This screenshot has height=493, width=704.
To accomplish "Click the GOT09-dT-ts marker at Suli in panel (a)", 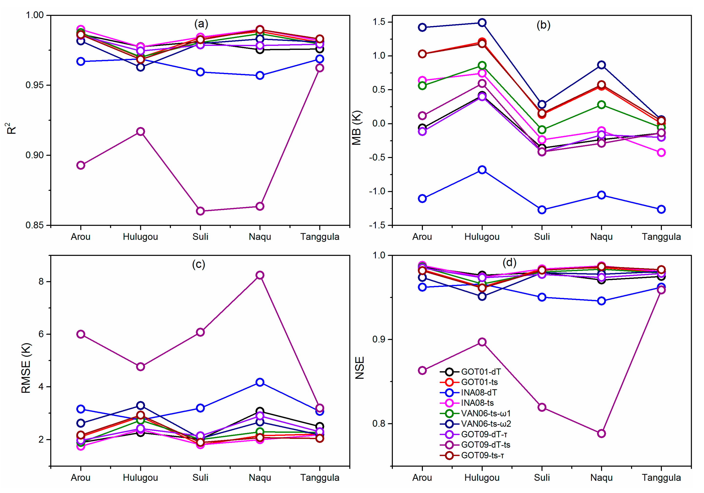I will point(200,211).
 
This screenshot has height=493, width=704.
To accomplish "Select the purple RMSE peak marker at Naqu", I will point(260,275).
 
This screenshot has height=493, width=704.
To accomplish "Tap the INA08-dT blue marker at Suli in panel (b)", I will point(542,210).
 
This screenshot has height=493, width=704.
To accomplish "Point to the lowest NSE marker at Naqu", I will point(602,434).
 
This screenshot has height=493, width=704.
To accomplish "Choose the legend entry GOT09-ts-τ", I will point(482,455).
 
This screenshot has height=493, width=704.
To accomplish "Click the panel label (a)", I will point(201,24).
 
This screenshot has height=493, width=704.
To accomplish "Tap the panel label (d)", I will point(509,263).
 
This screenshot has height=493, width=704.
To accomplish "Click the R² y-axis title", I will point(11,128).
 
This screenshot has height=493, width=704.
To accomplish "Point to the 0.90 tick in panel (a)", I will point(35,155).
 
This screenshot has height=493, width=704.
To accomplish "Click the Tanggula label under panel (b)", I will point(661,237).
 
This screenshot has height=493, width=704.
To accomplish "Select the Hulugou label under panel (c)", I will point(140,478).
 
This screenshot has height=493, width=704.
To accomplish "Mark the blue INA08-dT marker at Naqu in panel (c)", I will point(260,382).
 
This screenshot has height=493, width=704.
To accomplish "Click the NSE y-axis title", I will point(359,368).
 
